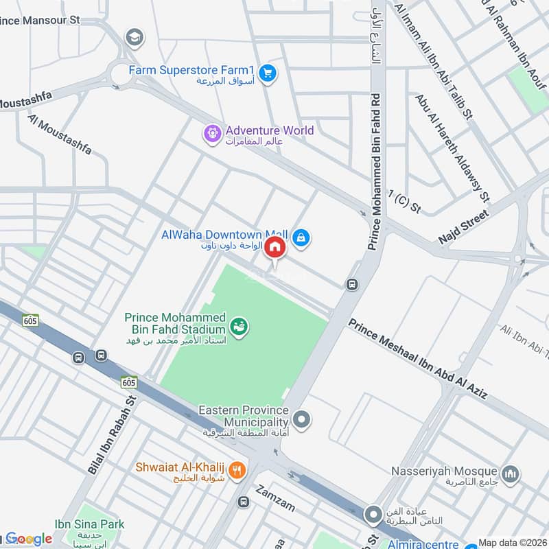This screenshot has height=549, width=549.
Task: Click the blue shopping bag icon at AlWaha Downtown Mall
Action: pos(301,238)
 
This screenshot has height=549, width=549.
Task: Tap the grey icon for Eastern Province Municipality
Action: pos(301,418)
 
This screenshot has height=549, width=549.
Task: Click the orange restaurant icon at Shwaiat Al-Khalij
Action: pos(237,470)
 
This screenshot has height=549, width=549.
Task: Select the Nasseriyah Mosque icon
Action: pos(510,473)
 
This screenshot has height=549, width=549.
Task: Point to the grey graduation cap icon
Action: pos(134,36)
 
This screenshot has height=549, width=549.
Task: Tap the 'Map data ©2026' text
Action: pos(512,543)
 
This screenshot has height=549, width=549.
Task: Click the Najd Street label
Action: pos(465,227)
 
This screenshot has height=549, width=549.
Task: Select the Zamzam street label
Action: pos(275,499)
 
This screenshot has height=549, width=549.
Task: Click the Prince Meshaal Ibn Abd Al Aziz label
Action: pos(418,359)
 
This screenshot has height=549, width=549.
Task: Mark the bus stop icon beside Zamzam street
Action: pos(243,502)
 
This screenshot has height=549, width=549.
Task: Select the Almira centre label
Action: pos(419,544)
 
